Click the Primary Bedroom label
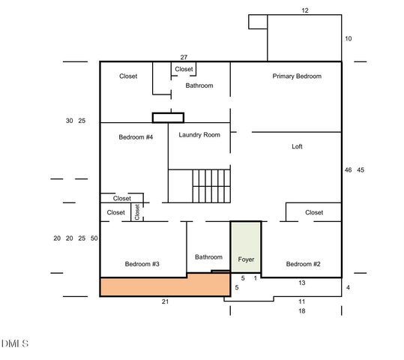tap(297, 76)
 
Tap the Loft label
tap(297, 146)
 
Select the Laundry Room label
tap(199, 135)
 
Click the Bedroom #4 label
tap(136, 137)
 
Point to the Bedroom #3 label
tap(142, 264)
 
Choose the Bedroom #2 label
tap(304, 264)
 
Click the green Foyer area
tap(246, 247)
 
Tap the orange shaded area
tap(165, 286)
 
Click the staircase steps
tap(211, 186)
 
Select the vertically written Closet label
tap(137, 212)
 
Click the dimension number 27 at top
tap(184, 57)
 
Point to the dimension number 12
tap(305, 10)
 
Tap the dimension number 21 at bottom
tap(165, 301)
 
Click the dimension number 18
tap(302, 311)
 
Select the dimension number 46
tap(348, 170)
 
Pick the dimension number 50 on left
tap(94, 238)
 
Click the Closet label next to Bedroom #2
tap(314, 212)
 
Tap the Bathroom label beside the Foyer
tap(208, 257)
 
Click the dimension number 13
tap(302, 283)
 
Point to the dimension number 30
tap(69, 121)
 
